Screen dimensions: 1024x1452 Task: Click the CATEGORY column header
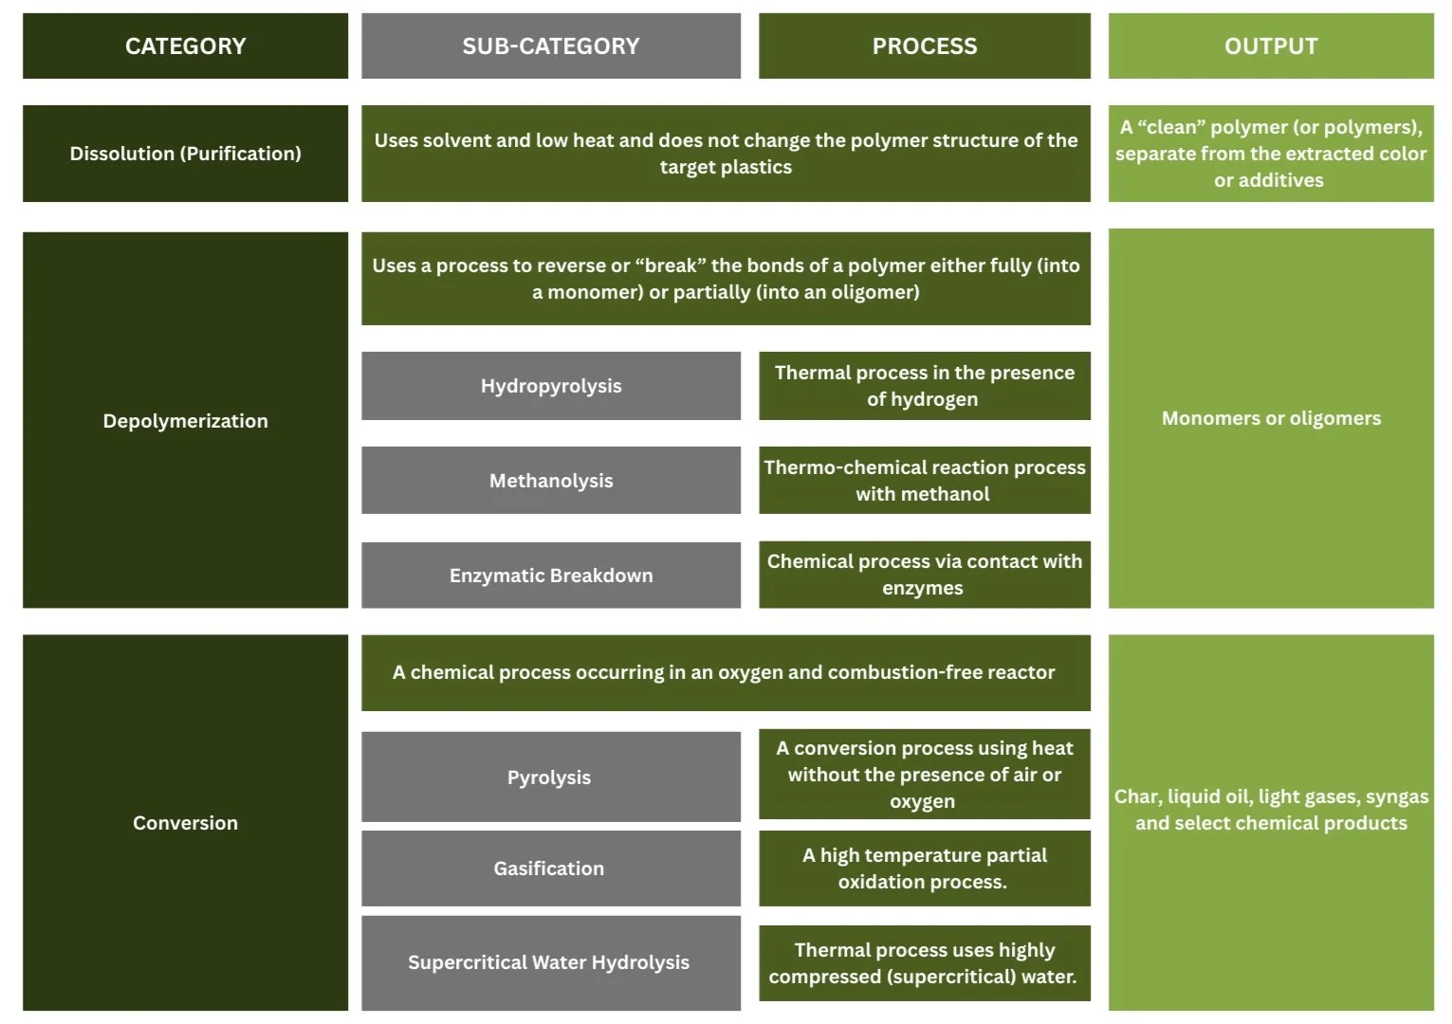point(185,46)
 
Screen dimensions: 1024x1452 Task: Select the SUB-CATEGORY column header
point(550,46)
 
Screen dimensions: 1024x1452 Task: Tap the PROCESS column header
point(924,46)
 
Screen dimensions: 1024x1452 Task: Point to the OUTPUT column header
point(1270,46)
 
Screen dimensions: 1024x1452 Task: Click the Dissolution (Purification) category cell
point(185,154)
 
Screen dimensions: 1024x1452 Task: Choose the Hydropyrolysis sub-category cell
point(550,386)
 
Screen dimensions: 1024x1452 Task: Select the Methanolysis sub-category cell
point(550,481)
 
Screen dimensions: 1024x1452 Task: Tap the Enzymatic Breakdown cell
point(550,576)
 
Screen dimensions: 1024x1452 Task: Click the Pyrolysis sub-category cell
point(549,777)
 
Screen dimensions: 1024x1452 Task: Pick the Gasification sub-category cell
point(549,869)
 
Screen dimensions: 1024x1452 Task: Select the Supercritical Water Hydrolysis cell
point(549,962)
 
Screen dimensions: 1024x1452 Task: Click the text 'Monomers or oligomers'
point(1270,418)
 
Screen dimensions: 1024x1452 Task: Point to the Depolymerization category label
point(185,421)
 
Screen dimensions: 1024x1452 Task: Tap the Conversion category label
point(185,823)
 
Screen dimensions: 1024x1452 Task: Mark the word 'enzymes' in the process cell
point(922,588)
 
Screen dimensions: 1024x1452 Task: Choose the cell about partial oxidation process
point(924,869)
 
